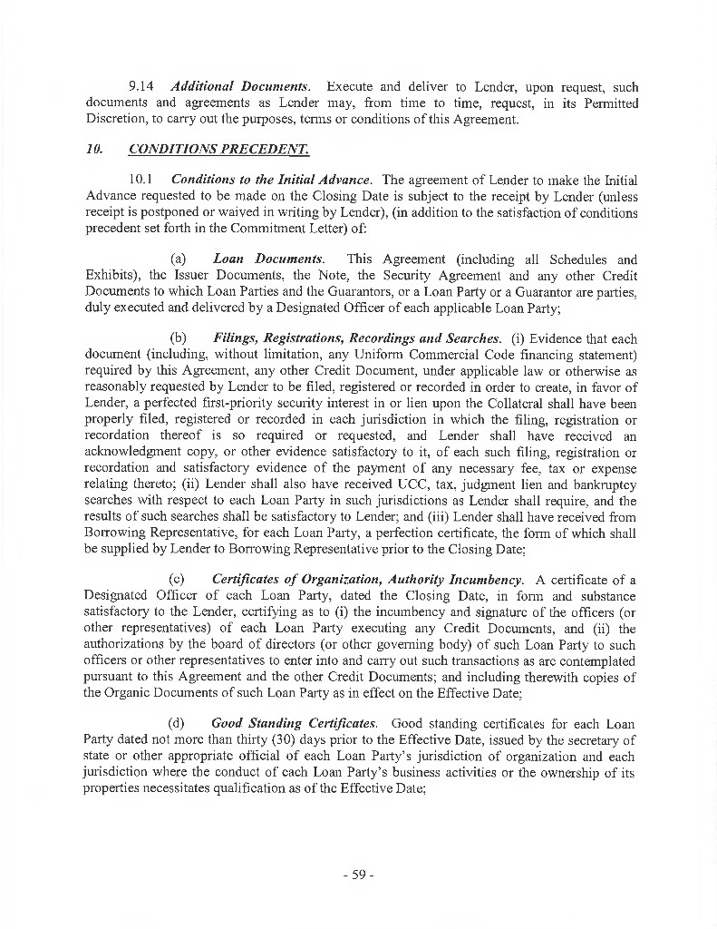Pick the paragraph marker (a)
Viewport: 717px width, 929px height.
[x=179, y=259]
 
